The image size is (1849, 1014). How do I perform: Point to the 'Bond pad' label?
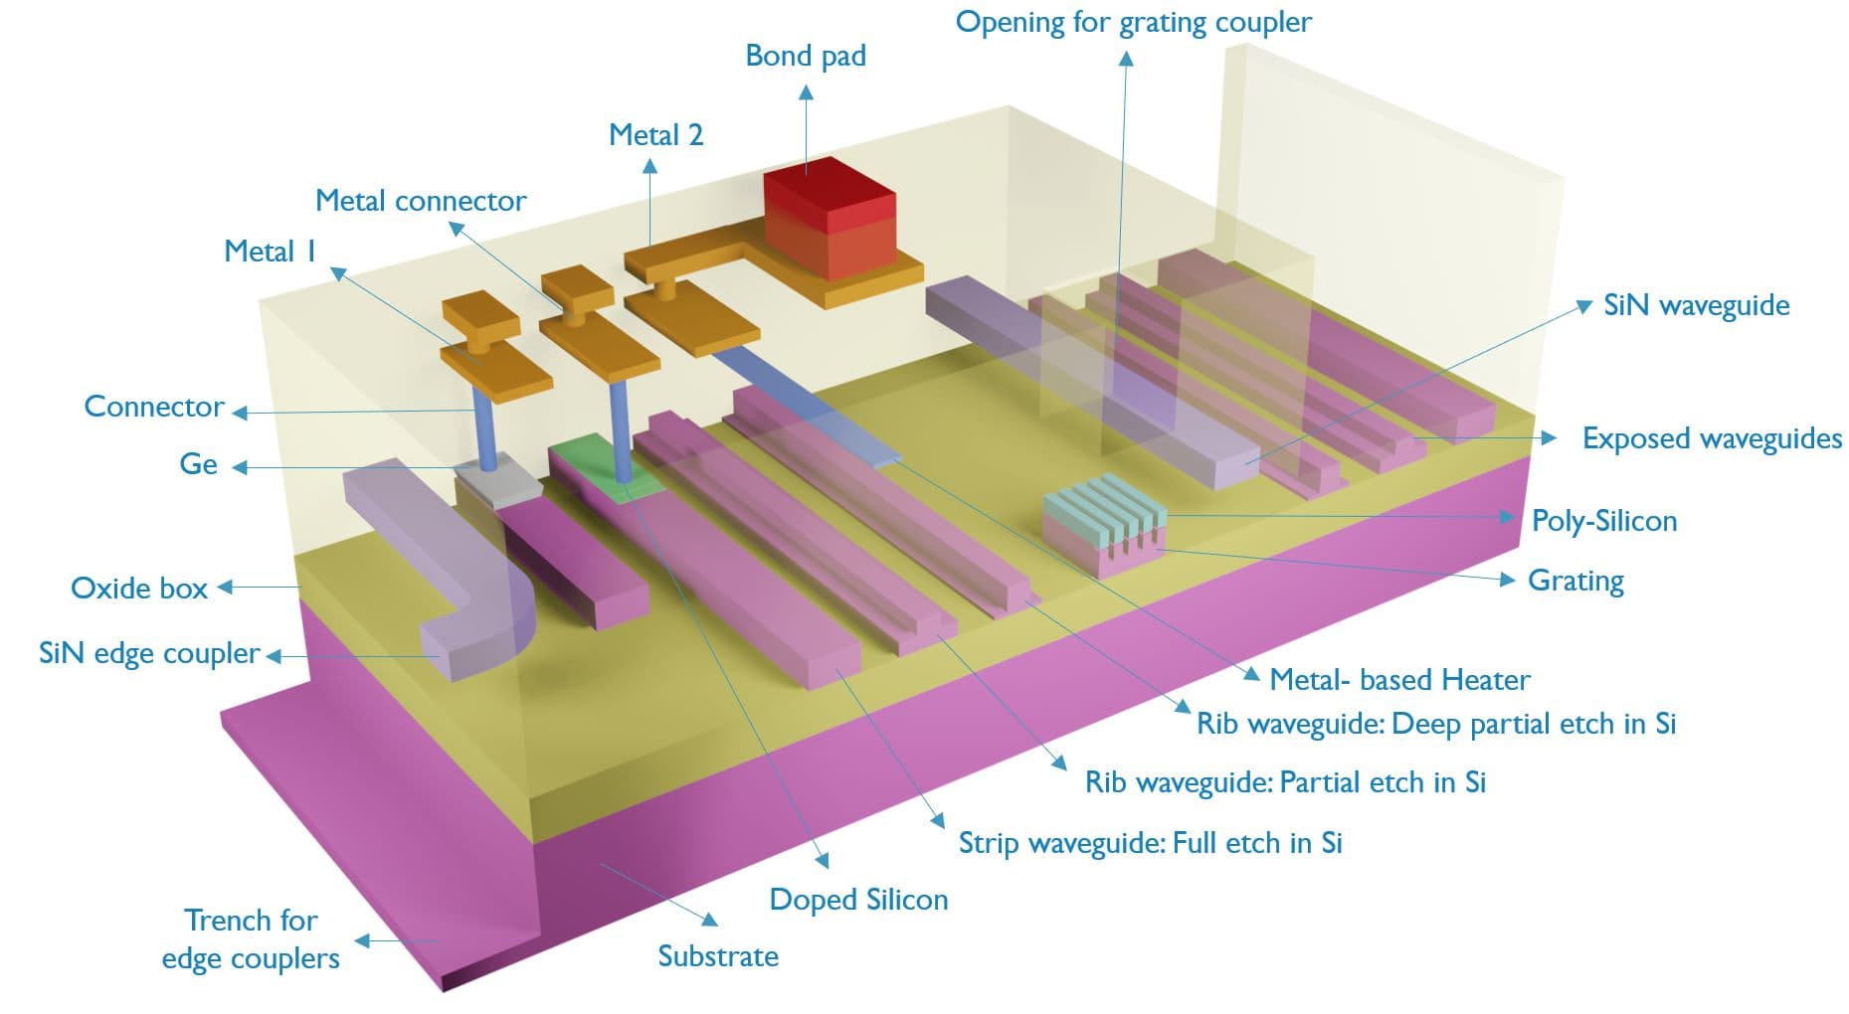(806, 56)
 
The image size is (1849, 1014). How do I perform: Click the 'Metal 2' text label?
(655, 135)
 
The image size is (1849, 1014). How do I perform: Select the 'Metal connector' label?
(421, 201)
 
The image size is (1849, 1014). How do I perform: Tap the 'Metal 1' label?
(270, 252)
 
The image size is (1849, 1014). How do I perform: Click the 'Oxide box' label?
(139, 589)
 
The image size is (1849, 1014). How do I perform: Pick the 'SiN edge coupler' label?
(149, 653)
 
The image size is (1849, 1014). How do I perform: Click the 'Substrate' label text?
(718, 956)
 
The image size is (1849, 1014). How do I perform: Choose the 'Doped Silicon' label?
(858, 900)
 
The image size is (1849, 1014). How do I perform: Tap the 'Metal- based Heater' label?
(1399, 680)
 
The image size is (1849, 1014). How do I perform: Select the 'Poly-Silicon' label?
(1603, 521)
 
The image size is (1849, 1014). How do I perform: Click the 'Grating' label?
(1575, 581)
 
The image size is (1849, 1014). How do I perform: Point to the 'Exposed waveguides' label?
(1712, 438)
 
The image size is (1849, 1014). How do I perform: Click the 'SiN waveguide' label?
(1696, 305)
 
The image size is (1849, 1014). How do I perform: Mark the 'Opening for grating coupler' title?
(1133, 22)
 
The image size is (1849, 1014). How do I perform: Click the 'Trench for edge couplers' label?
(251, 939)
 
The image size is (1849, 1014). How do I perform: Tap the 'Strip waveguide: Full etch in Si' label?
(1150, 843)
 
